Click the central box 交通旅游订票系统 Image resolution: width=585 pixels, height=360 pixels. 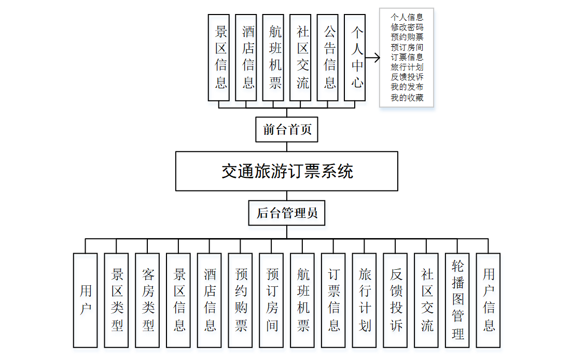click(x=287, y=171)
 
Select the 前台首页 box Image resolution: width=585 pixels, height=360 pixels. click(x=287, y=129)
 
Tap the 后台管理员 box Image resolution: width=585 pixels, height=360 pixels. click(x=287, y=213)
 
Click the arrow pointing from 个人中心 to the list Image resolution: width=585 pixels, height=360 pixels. click(x=373, y=57)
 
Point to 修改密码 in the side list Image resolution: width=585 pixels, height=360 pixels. click(x=407, y=27)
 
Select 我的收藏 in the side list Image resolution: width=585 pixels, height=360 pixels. click(x=407, y=97)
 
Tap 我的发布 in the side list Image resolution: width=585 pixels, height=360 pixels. click(x=407, y=87)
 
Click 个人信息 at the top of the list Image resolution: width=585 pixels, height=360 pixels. click(x=407, y=17)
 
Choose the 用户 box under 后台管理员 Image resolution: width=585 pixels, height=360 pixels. click(x=86, y=300)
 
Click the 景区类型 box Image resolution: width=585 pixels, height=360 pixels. click(x=117, y=300)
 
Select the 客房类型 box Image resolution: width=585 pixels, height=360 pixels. click(x=148, y=300)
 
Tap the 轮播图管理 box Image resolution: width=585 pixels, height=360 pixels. click(x=457, y=300)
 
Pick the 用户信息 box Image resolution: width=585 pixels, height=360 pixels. click(x=489, y=300)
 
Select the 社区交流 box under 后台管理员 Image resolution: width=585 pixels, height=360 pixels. click(x=426, y=300)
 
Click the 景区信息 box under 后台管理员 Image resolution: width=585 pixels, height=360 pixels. click(x=179, y=300)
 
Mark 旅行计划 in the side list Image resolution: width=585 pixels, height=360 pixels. click(x=407, y=67)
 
